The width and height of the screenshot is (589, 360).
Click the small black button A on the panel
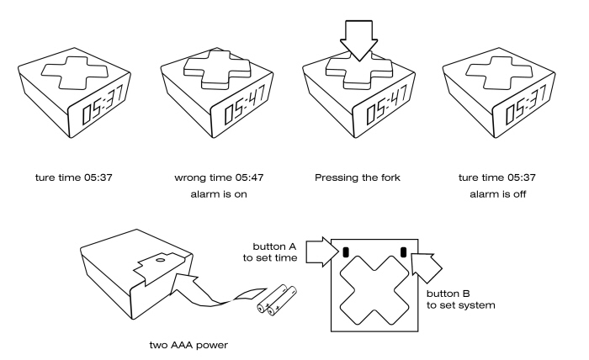click(346, 251)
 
